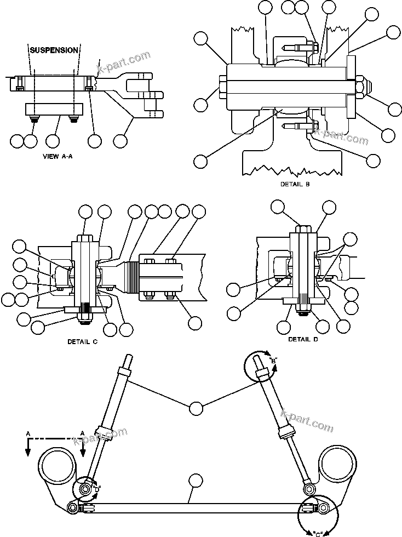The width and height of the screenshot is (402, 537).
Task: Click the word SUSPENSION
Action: tap(54, 50)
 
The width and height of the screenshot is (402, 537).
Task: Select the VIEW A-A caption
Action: tap(58, 156)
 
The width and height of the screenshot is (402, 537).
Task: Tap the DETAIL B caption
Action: tap(295, 184)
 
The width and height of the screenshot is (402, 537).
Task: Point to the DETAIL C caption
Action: tap(82, 341)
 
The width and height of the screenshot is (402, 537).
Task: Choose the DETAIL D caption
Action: tap(303, 339)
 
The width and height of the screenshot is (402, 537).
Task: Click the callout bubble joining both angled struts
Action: tap(196, 408)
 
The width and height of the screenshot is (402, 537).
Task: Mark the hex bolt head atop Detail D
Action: tap(303, 230)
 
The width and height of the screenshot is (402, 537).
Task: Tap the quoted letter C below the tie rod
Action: tap(318, 532)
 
